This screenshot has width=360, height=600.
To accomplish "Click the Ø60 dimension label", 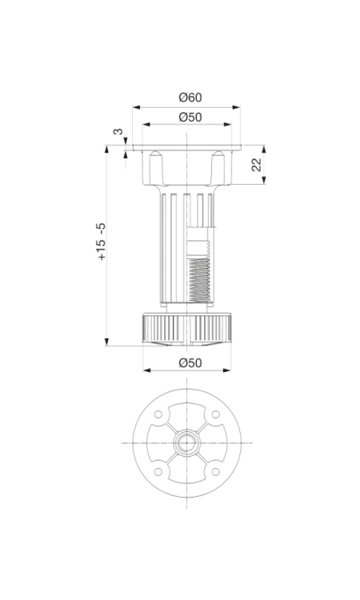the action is (x=190, y=98).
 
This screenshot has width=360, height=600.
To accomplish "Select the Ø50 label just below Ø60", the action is (x=190, y=117).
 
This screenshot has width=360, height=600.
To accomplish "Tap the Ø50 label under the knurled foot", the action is (x=190, y=362).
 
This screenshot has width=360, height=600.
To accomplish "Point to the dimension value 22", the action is (x=256, y=165).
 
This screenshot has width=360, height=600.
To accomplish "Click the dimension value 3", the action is (x=118, y=132).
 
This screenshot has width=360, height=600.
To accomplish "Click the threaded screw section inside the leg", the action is (x=199, y=278).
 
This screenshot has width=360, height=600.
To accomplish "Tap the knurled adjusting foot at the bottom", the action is (x=186, y=328).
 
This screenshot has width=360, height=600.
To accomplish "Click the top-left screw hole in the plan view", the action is (x=158, y=414).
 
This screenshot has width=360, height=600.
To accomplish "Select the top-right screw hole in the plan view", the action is (x=216, y=414).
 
